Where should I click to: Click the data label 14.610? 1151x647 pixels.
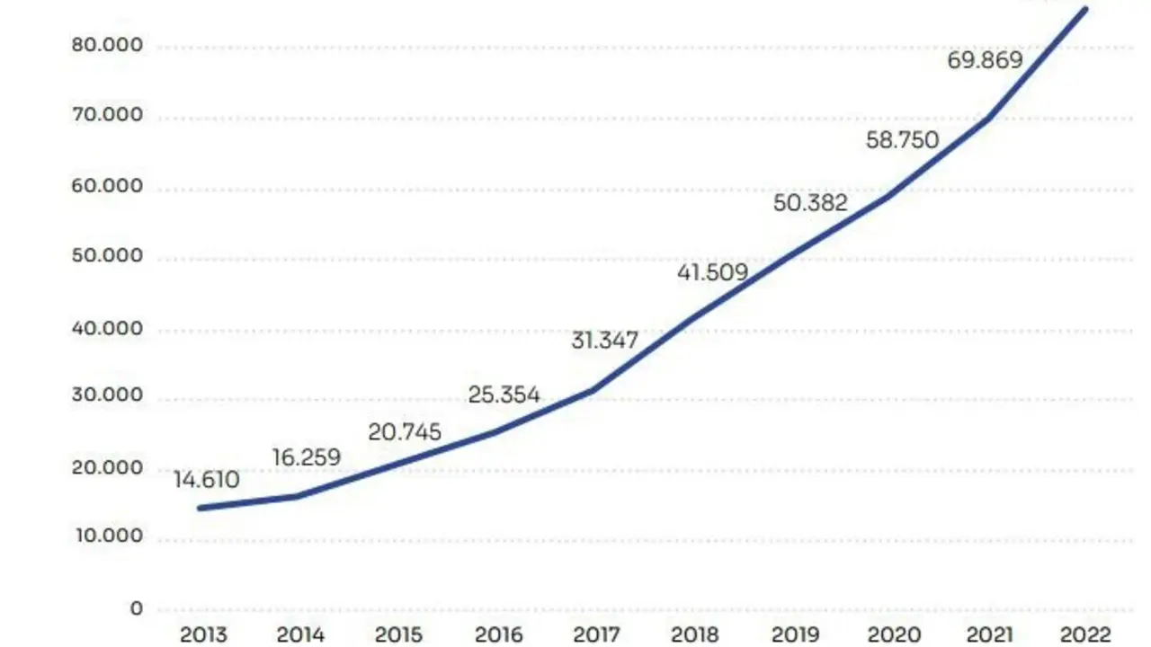point(207,480)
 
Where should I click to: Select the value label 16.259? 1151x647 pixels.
point(308,457)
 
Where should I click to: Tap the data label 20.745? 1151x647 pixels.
point(405,432)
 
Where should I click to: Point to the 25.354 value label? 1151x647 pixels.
point(504,394)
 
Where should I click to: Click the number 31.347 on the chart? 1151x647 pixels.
point(604,341)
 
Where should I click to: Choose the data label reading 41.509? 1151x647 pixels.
point(712,271)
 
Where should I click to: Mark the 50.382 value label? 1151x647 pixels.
point(810,203)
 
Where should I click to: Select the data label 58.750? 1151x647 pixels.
point(902,140)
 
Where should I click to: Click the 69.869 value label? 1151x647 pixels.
point(986,60)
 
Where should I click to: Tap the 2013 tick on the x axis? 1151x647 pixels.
point(204,634)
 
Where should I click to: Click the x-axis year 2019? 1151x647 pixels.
point(794,634)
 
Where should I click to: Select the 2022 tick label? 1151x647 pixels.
point(1086,634)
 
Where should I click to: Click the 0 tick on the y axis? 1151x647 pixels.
point(136,608)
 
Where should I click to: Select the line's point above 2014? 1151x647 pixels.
point(298,496)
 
